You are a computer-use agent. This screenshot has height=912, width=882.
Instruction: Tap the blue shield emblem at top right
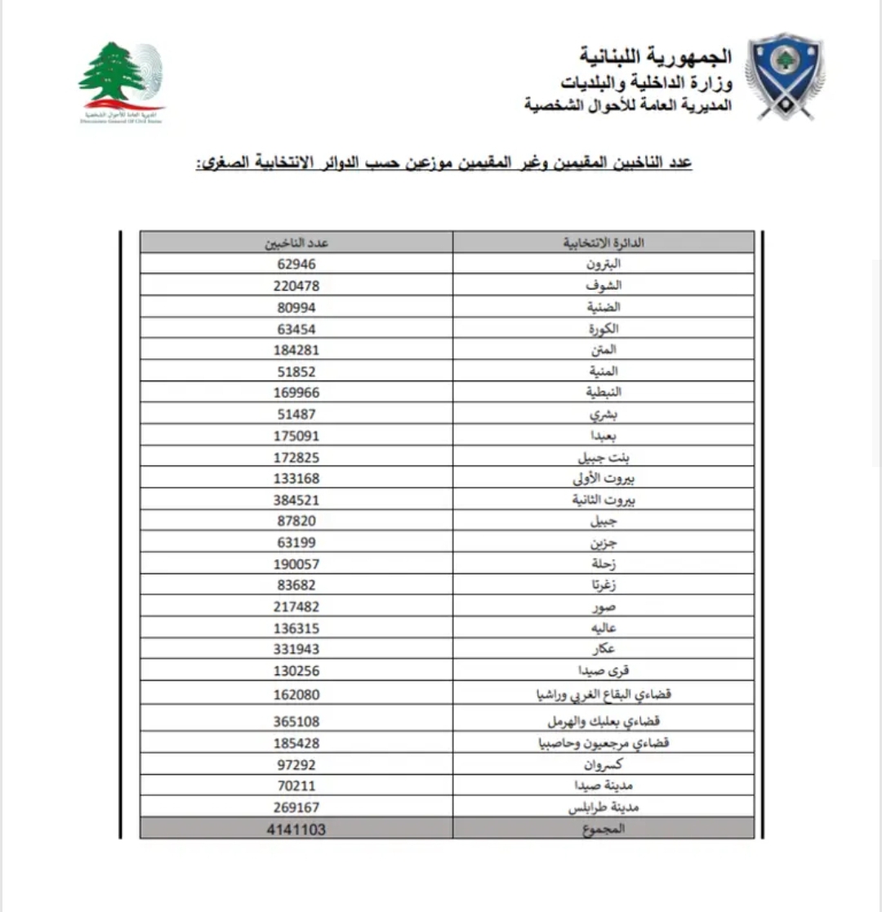coord(783,76)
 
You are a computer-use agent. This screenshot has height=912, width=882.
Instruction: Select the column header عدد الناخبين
coord(296,242)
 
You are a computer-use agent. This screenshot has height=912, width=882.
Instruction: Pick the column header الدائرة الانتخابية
coord(604,242)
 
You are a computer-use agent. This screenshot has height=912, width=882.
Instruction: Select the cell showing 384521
coord(296,500)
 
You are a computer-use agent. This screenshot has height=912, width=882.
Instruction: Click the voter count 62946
coord(296,265)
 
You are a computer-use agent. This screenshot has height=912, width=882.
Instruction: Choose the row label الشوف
coord(604,286)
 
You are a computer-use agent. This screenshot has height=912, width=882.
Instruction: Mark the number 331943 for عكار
coord(296,649)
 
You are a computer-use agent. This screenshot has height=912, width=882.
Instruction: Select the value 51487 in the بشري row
coord(296,414)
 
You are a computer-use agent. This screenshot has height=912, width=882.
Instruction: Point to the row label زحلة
coord(605,564)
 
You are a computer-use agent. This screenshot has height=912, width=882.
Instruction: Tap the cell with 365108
coord(296,722)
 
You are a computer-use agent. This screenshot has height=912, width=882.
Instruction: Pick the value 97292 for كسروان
coord(296,765)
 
